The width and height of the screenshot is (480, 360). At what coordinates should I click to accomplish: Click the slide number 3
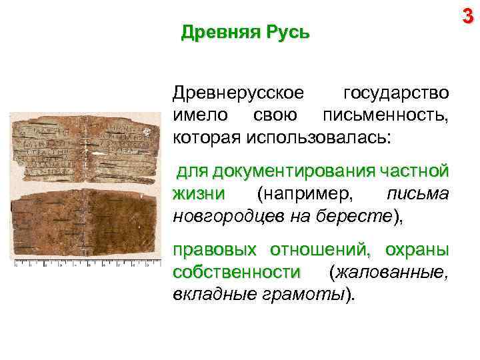tap(468, 16)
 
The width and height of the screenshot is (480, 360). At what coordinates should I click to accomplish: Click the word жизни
tap(198, 194)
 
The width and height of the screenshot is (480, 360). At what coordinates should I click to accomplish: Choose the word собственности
tap(236, 272)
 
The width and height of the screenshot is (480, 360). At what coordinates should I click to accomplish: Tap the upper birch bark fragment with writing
tap(85, 147)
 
